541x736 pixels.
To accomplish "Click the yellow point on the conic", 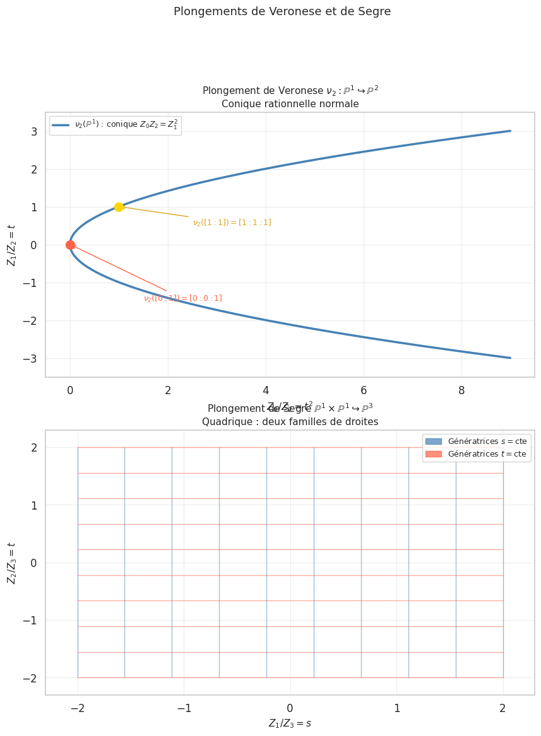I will pyautogui.click(x=119, y=207).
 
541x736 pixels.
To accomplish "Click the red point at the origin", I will pyautogui.click(x=70, y=245).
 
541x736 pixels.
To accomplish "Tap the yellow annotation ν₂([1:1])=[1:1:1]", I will pyautogui.click(x=232, y=223).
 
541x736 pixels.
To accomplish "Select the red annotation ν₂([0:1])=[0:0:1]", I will pyautogui.click(x=182, y=298).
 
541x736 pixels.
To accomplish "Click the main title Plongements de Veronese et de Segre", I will pyautogui.click(x=282, y=11).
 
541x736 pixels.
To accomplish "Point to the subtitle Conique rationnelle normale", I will pyautogui.click(x=290, y=104).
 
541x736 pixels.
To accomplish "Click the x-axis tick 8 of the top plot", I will pyautogui.click(x=461, y=391).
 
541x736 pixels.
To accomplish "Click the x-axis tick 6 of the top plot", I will pyautogui.click(x=364, y=391).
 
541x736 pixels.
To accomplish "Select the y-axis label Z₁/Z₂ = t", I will pyautogui.click(x=12, y=245).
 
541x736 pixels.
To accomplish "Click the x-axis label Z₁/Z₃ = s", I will pyautogui.click(x=290, y=723).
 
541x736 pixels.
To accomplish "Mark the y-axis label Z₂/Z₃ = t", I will pyautogui.click(x=12, y=563).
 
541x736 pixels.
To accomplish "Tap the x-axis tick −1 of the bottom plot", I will pyautogui.click(x=184, y=708).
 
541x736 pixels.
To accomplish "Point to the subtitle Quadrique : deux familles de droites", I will pyautogui.click(x=290, y=422).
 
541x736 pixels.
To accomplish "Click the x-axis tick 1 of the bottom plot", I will pyautogui.click(x=396, y=708).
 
